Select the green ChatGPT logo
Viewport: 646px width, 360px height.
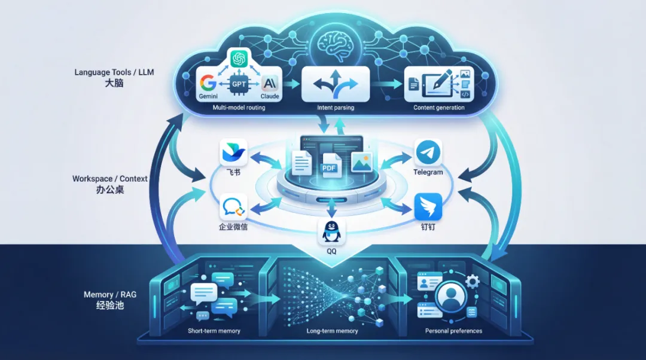pyautogui.click(x=239, y=59)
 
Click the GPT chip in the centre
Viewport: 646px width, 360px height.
pyautogui.click(x=239, y=84)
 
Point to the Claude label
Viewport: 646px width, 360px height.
pyautogui.click(x=270, y=96)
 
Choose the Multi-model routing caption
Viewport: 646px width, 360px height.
pyautogui.click(x=239, y=108)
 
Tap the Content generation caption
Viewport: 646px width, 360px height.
pyautogui.click(x=438, y=108)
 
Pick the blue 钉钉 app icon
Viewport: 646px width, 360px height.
pyautogui.click(x=428, y=207)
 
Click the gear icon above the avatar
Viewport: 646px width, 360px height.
pyautogui.click(x=473, y=280)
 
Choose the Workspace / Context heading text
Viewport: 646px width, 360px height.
pyautogui.click(x=110, y=179)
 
